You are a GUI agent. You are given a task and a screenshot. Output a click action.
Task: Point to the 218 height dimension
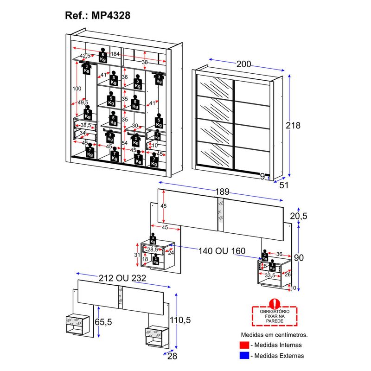click(x=293, y=125)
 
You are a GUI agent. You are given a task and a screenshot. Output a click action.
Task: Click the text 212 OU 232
click(x=123, y=278)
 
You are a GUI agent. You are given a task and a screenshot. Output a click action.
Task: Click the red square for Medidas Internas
click(x=244, y=345)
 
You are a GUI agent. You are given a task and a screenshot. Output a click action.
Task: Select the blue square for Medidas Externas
click(x=244, y=356)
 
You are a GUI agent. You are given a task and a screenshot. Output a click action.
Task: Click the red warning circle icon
click(x=275, y=303)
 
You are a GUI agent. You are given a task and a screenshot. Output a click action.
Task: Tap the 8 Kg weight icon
click(x=103, y=57)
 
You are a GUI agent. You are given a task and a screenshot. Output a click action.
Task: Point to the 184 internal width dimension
click(x=115, y=55)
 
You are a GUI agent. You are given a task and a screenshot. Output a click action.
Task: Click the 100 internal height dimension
click(x=77, y=88)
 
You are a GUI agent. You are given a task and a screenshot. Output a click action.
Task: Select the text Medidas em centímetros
click(x=274, y=334)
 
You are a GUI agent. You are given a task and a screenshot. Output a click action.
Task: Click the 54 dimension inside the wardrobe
click(x=124, y=143)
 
